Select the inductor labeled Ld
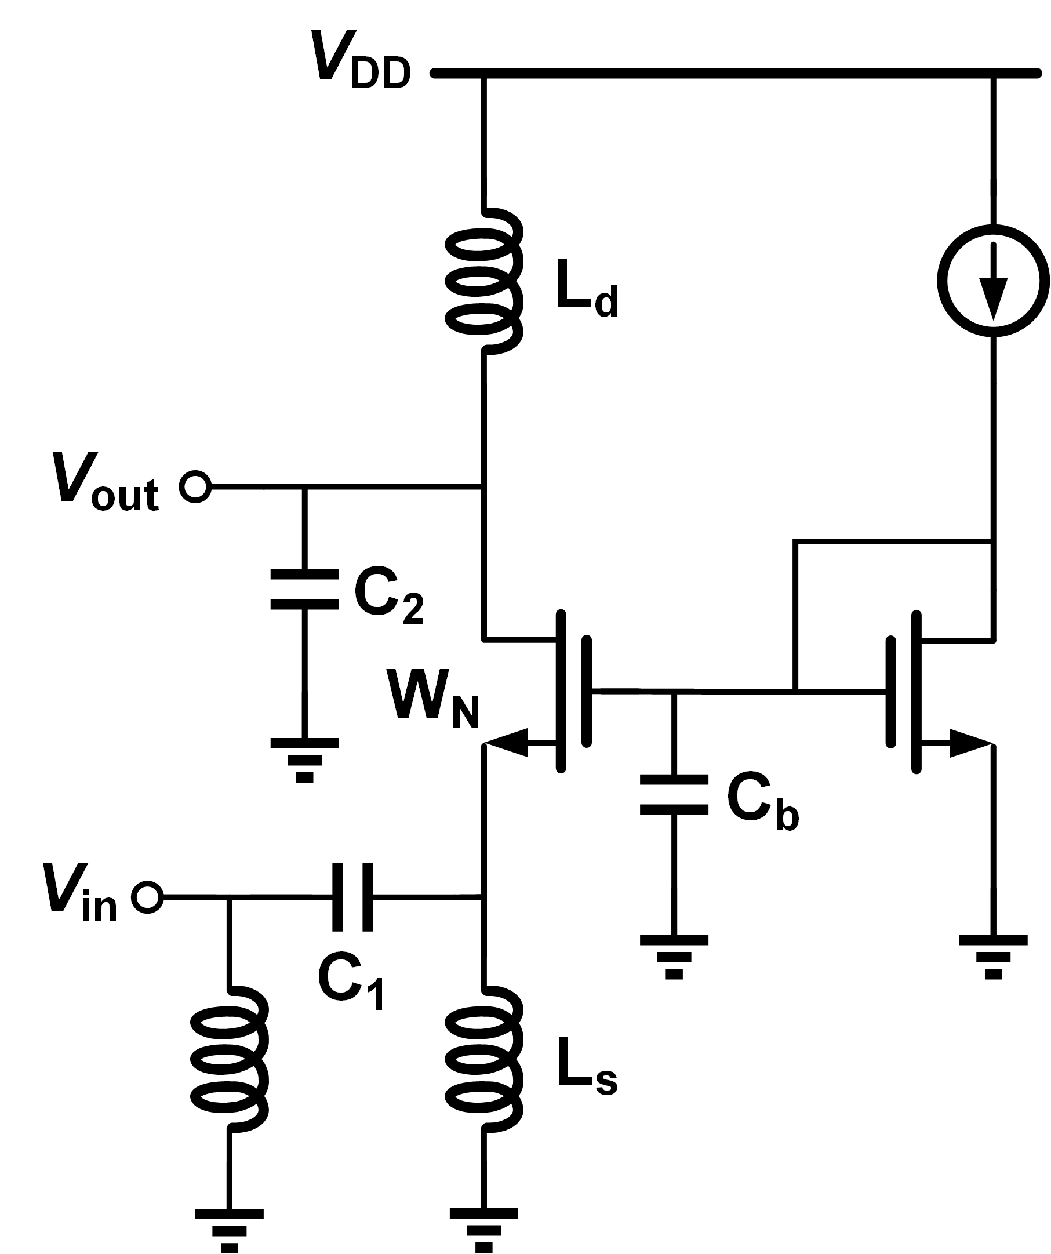click(x=483, y=281)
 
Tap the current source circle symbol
click(x=993, y=281)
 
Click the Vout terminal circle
click(x=195, y=486)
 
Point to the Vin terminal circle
click(x=147, y=897)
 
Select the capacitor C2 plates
click(x=304, y=590)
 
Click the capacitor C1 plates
click(x=352, y=897)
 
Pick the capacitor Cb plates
click(x=674, y=795)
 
